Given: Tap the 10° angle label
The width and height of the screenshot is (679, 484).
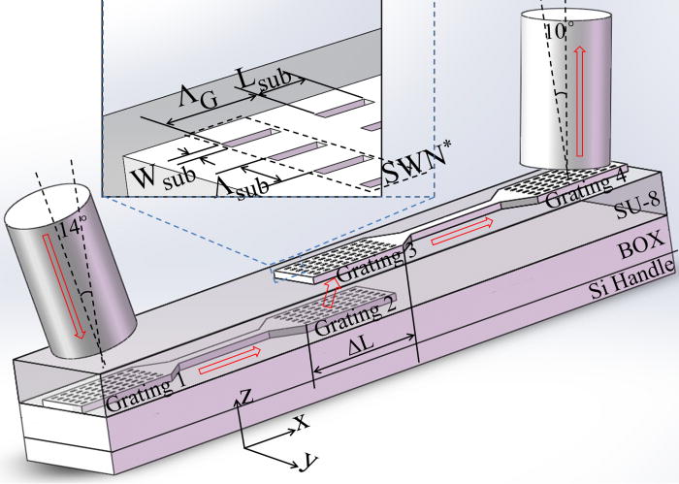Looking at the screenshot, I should (555, 31).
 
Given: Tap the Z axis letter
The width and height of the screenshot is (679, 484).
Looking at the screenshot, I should (248, 394).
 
